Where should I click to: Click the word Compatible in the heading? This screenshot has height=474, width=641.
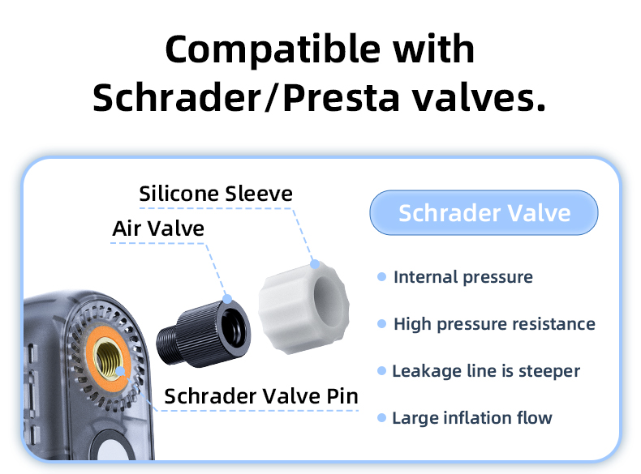coord(273,49)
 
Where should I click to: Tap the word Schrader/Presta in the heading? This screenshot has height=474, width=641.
coord(246,97)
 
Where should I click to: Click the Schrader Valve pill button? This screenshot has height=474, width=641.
coord(484,213)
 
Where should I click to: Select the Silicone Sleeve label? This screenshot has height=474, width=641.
coord(216,194)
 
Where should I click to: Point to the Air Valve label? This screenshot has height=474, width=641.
coord(158,228)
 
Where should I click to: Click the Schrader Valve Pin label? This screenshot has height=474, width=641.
coord(261,396)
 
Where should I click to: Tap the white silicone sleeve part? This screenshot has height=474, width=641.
coord(303,307)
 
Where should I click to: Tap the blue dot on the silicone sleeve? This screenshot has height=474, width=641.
coord(315,265)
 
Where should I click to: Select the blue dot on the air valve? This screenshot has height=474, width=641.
coord(227,299)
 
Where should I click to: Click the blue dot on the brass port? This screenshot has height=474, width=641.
coord(120,371)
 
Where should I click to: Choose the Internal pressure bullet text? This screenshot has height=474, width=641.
coord(463,277)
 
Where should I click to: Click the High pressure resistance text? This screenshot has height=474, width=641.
coord(494,324)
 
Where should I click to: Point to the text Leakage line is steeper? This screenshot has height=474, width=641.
coord(486,371)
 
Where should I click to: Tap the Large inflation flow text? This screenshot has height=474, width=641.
coord(472,418)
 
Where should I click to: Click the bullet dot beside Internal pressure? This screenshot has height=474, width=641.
coord(382,277)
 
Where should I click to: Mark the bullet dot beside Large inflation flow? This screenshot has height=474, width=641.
coord(382,417)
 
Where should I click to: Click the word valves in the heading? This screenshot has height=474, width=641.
coord(478,97)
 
